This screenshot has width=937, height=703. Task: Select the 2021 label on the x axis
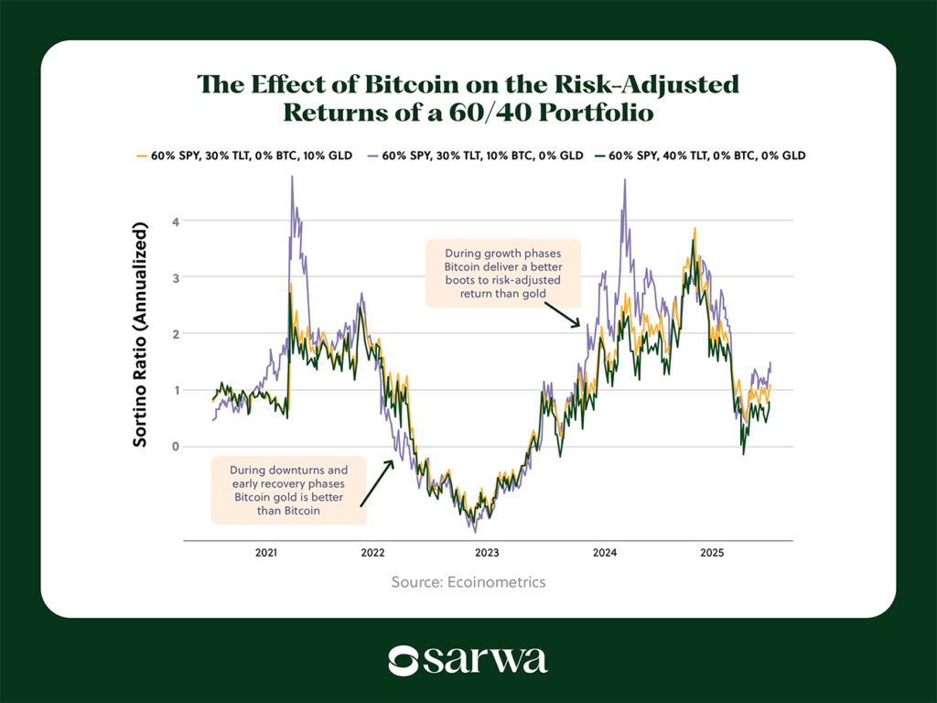(x=266, y=553)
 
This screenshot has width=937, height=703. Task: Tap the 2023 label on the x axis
(x=487, y=553)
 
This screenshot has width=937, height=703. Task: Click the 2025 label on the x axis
(x=711, y=553)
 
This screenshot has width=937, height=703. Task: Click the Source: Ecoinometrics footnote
(x=468, y=582)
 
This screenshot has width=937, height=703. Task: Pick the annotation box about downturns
(x=288, y=491)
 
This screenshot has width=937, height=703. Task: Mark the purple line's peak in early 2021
(x=292, y=178)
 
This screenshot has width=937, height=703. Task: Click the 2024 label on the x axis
(x=604, y=553)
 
